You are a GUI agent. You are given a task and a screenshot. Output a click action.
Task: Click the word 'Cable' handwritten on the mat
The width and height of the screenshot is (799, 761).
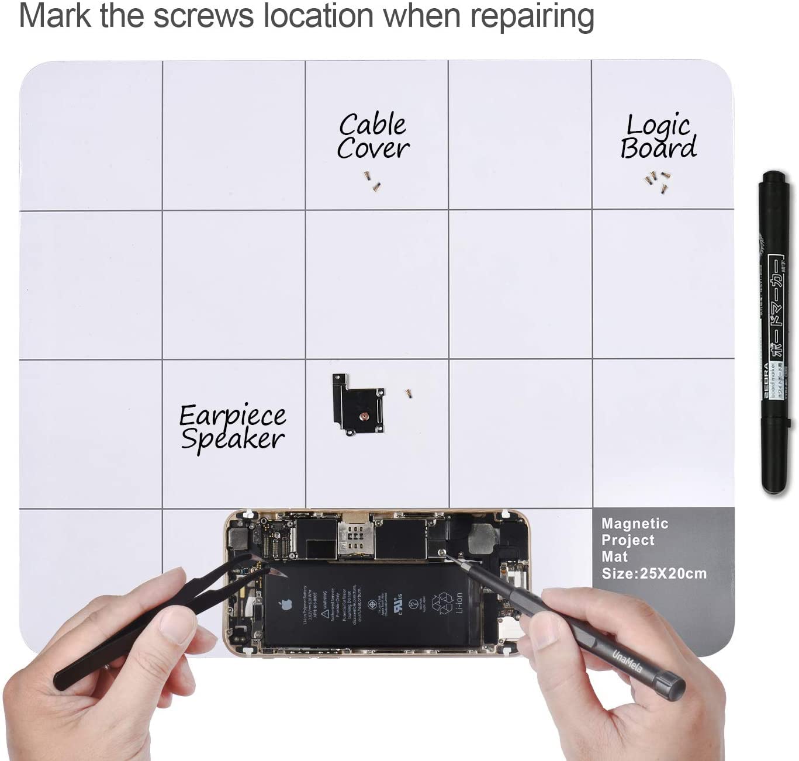tap(372, 124)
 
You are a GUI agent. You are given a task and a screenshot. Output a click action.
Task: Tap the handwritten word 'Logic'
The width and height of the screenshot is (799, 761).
tap(659, 125)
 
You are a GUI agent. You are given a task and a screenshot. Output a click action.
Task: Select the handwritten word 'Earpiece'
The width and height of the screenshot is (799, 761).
tap(232, 416)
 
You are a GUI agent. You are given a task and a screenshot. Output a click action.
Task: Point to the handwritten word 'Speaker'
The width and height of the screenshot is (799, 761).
tap(232, 439)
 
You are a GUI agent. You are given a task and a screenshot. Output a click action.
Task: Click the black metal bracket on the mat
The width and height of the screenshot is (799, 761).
tap(358, 404)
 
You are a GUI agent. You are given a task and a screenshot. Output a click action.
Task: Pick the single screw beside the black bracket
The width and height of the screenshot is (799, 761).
tap(409, 393)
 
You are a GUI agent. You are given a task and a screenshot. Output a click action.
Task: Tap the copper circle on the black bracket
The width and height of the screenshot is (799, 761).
tap(364, 417)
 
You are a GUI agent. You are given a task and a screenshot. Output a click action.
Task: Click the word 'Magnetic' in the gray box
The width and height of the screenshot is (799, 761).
tap(634, 524)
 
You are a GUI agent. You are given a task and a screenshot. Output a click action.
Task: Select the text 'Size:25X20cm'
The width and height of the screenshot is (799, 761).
tap(653, 573)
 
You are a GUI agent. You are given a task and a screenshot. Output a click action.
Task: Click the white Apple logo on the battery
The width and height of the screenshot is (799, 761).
tap(286, 604)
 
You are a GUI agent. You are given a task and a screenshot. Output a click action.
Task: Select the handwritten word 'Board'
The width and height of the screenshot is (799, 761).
tap(659, 148)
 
